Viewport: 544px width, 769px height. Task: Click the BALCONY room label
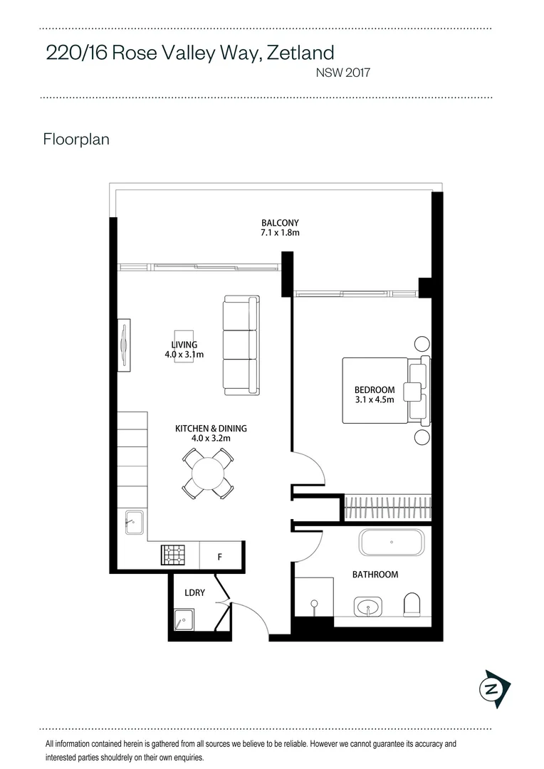click(x=280, y=222)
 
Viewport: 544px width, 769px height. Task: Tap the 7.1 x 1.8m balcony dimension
click(x=280, y=233)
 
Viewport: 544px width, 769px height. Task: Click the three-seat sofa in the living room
click(x=241, y=345)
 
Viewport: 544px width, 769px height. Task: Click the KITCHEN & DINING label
click(x=211, y=429)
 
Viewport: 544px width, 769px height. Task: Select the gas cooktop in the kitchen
click(x=173, y=555)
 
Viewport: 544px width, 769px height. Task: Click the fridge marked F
click(x=219, y=557)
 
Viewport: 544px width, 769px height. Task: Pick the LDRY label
click(x=195, y=592)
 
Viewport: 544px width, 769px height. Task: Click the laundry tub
click(x=184, y=620)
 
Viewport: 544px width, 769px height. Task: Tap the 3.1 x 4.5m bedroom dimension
click(x=375, y=400)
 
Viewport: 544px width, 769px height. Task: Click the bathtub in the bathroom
click(x=391, y=543)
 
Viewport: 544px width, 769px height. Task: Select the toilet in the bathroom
click(x=412, y=606)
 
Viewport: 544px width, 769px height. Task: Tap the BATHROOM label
click(x=375, y=575)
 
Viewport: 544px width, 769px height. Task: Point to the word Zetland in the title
click(x=300, y=53)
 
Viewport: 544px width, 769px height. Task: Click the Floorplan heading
click(x=76, y=139)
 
